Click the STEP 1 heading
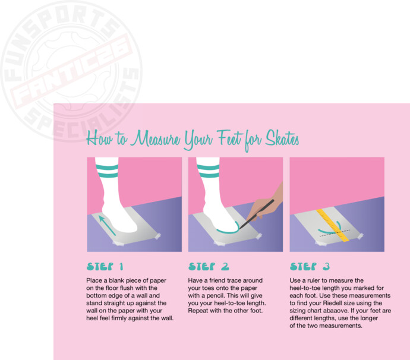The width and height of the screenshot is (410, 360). click(105, 266)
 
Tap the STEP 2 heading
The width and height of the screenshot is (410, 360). click(209, 266)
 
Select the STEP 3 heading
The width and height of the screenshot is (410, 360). click(310, 266)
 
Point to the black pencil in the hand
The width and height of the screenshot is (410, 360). click(257, 214)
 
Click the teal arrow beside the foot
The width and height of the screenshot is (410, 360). click(107, 225)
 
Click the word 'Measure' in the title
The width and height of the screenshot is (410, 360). click(156, 138)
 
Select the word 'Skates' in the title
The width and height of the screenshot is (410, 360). click(282, 138)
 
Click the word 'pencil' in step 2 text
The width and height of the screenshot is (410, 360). click(216, 296)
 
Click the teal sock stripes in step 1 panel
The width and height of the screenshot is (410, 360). click(107, 170)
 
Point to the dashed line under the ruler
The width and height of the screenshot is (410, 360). click(335, 233)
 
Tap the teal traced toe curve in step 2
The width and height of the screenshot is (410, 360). click(228, 229)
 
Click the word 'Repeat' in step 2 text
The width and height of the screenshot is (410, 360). click(197, 311)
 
